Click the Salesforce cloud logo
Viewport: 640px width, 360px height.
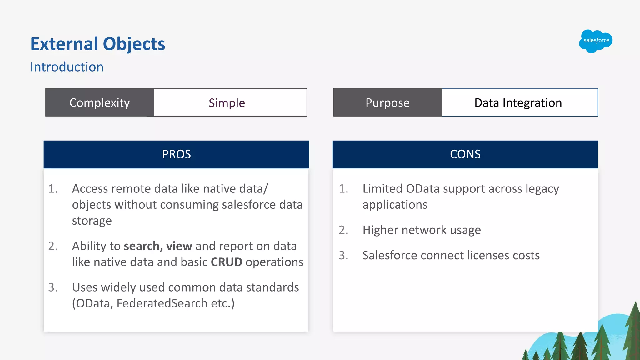596,41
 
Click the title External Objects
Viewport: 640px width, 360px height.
97,44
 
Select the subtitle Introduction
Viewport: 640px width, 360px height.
67,67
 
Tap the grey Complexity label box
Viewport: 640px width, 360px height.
99,103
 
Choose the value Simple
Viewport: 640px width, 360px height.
227,103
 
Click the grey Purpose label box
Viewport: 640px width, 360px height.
387,103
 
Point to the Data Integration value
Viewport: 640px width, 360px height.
518,103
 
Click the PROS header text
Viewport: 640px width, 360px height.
176,154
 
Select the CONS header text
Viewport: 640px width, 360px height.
465,154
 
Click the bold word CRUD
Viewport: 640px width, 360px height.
227,262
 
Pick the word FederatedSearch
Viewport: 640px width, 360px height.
162,303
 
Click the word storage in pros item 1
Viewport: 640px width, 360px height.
92,221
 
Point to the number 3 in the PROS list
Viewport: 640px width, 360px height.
53,287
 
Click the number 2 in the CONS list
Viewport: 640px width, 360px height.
343,230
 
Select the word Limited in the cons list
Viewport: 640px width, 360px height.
382,189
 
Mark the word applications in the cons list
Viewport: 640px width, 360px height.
395,205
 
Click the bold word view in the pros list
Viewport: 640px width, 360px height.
179,246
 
